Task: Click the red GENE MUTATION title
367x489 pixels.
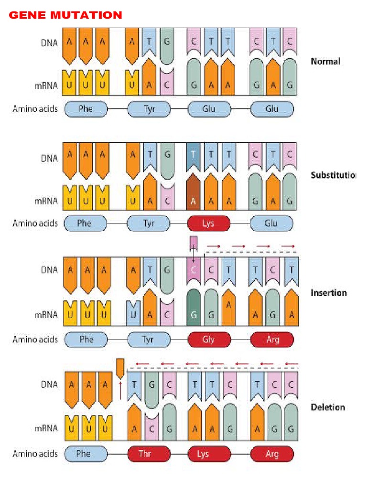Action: pos(65,15)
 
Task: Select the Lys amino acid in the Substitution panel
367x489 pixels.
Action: pos(208,223)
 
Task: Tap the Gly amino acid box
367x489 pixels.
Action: pos(208,340)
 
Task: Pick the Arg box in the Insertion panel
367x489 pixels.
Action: pos(272,340)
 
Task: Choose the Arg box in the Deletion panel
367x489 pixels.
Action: pos(272,454)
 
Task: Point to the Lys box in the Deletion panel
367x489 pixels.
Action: pos(203,454)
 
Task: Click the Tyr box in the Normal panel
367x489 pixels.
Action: pos(149,109)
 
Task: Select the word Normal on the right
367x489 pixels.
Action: pos(325,61)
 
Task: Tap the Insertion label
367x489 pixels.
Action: pos(329,293)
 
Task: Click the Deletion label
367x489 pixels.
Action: pos(328,407)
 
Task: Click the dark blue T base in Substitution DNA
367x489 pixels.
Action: pos(193,158)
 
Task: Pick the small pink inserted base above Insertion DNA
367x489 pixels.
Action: pos(193,242)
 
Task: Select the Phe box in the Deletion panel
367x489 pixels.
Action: pos(84,454)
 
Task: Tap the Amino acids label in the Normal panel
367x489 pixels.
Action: pos(35,109)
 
